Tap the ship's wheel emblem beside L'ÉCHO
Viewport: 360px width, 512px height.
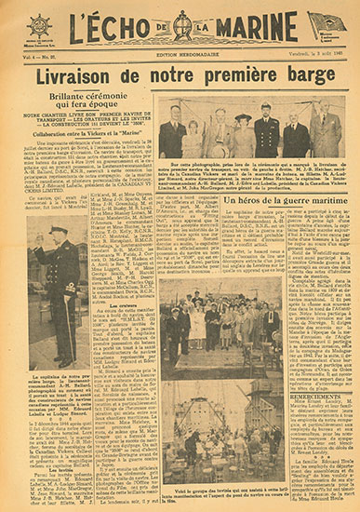pyautogui.click(x=40, y=26)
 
